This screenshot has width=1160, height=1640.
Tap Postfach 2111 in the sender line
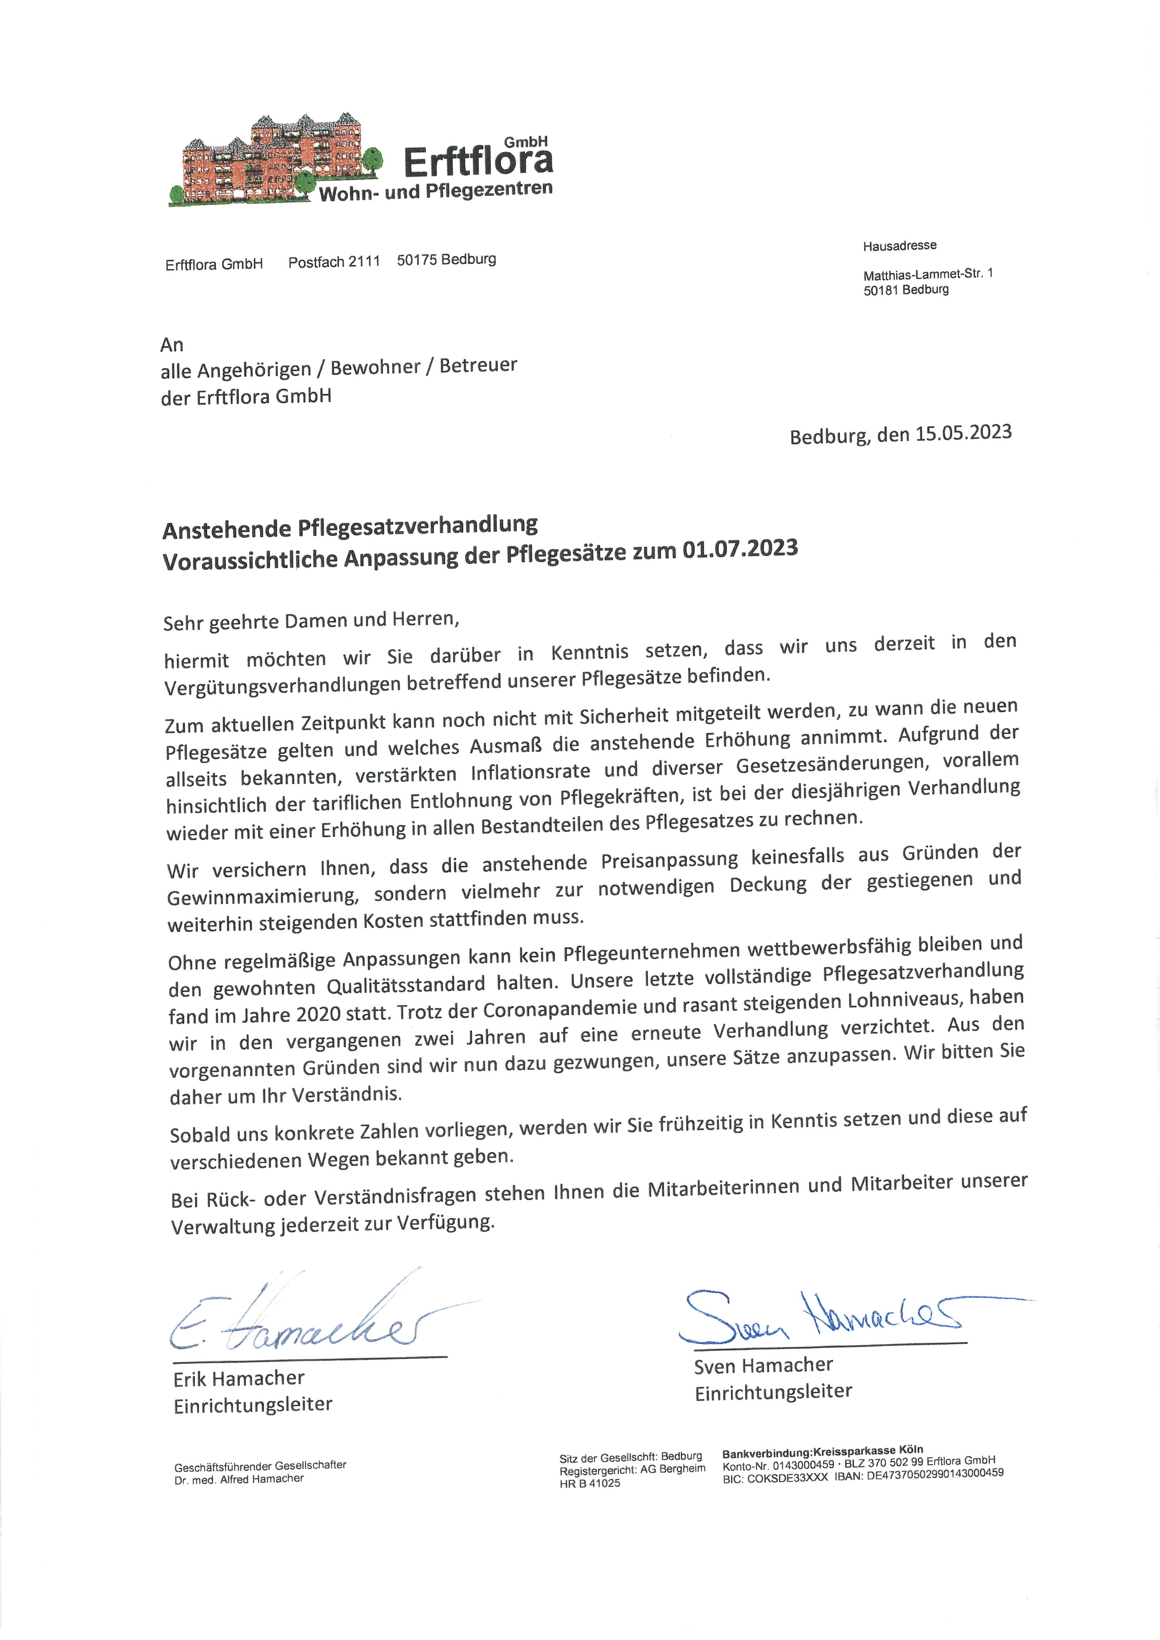tap(334, 262)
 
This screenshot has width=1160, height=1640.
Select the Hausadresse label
tap(899, 246)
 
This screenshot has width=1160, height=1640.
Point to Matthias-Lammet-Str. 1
tap(927, 274)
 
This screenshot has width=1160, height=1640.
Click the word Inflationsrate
tap(530, 772)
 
